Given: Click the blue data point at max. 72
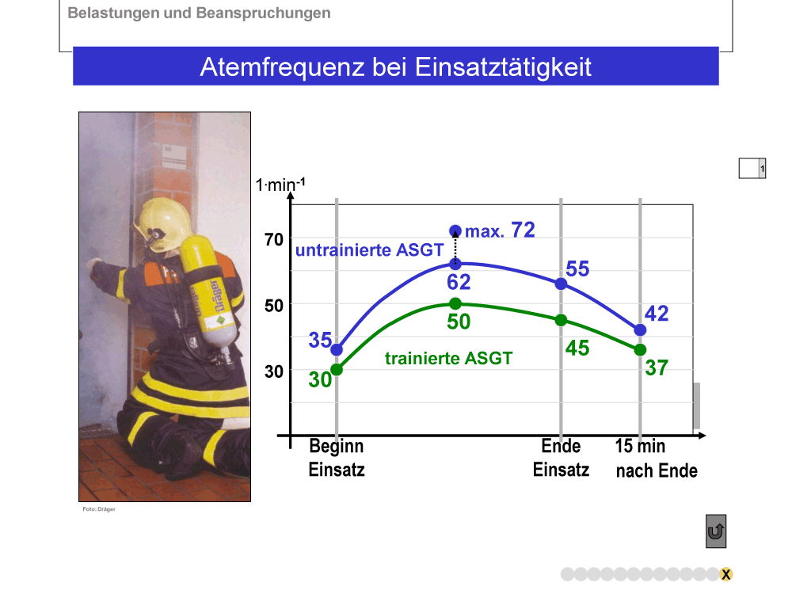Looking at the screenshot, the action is click(455, 231).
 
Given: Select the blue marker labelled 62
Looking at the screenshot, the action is click(455, 264).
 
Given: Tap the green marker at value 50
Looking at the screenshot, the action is click(455, 303).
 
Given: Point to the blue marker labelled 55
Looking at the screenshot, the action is click(561, 284).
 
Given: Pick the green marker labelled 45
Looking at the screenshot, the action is click(561, 320).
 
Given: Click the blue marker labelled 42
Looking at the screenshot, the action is click(640, 329).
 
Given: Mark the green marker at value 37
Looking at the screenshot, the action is click(640, 349).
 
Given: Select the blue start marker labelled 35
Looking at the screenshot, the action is click(337, 349).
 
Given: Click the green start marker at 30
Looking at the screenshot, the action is click(337, 370).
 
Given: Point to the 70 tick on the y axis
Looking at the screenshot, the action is click(274, 239).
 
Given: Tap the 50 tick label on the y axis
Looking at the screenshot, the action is click(274, 306).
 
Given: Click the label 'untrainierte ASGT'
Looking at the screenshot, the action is click(369, 250).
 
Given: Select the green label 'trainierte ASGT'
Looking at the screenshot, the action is click(448, 358).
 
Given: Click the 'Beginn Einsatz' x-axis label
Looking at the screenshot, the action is click(337, 458).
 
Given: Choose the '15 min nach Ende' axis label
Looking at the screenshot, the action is click(656, 458).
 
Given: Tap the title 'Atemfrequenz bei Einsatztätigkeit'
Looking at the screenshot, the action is click(395, 67).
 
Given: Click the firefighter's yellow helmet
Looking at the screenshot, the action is click(162, 224).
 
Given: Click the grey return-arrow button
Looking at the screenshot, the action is click(716, 531).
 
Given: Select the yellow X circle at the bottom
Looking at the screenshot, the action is click(725, 574).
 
